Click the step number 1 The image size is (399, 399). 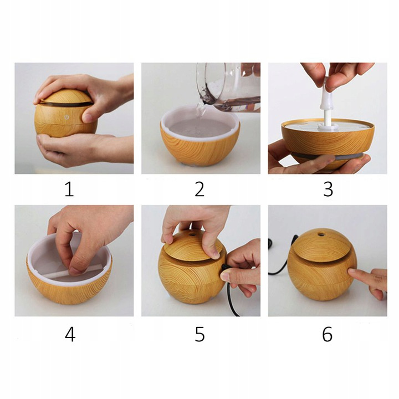[x=69, y=190]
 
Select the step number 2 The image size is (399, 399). [x=199, y=190]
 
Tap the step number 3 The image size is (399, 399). [x=328, y=190]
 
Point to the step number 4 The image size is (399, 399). [x=70, y=334]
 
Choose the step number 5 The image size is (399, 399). [x=199, y=334]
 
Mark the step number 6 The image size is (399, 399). [x=328, y=334]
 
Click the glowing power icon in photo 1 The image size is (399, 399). [x=66, y=117]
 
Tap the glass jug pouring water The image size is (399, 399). [x=228, y=86]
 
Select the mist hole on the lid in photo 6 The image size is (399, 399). [x=320, y=233]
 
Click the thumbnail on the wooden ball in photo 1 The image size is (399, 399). [x=87, y=118]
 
